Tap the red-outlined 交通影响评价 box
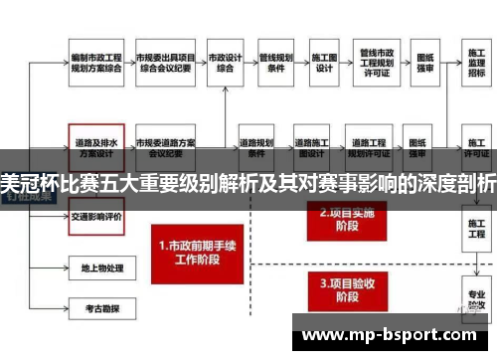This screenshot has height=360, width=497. pyautogui.click(x=95, y=217)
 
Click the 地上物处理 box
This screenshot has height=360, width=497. pyautogui.click(x=95, y=267)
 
